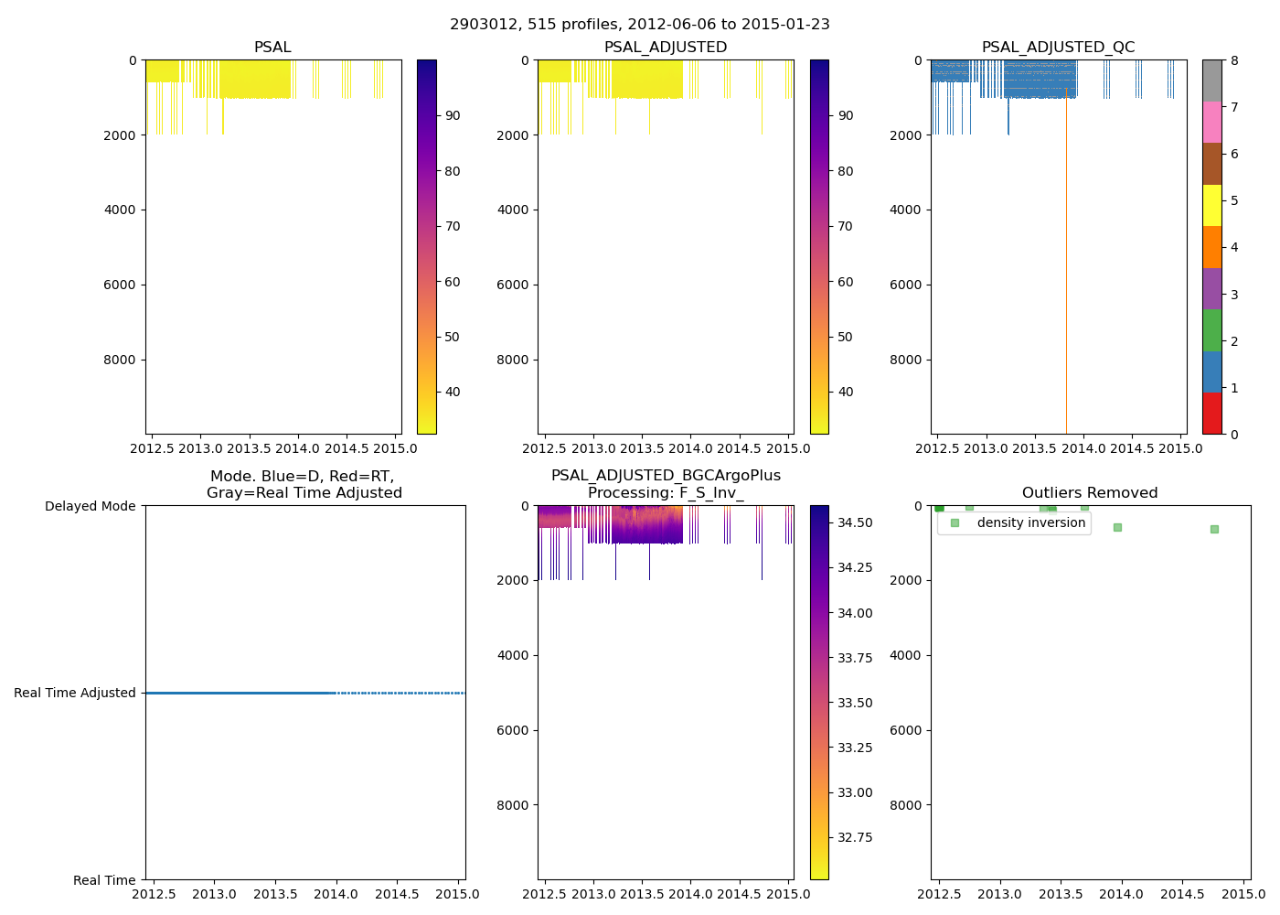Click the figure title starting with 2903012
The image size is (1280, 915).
[640, 25]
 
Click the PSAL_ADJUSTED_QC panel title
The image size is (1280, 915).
[1058, 48]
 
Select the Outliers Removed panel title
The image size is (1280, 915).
[1090, 493]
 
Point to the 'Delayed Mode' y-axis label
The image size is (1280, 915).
[90, 506]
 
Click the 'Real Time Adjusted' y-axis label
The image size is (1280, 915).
[75, 693]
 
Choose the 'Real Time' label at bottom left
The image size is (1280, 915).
[104, 880]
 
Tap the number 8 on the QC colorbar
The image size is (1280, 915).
[1234, 60]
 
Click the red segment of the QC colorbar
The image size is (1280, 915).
[1211, 414]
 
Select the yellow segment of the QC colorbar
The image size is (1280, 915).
[1211, 206]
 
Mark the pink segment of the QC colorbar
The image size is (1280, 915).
[1211, 123]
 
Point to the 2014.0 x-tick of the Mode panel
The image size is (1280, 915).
[336, 894]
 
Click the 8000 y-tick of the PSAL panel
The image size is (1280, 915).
[120, 360]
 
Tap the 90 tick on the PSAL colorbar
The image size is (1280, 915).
[453, 115]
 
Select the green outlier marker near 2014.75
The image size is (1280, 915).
[1214, 529]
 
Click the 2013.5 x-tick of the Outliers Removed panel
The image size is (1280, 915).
[1061, 894]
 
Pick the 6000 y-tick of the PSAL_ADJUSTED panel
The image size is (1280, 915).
[513, 285]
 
